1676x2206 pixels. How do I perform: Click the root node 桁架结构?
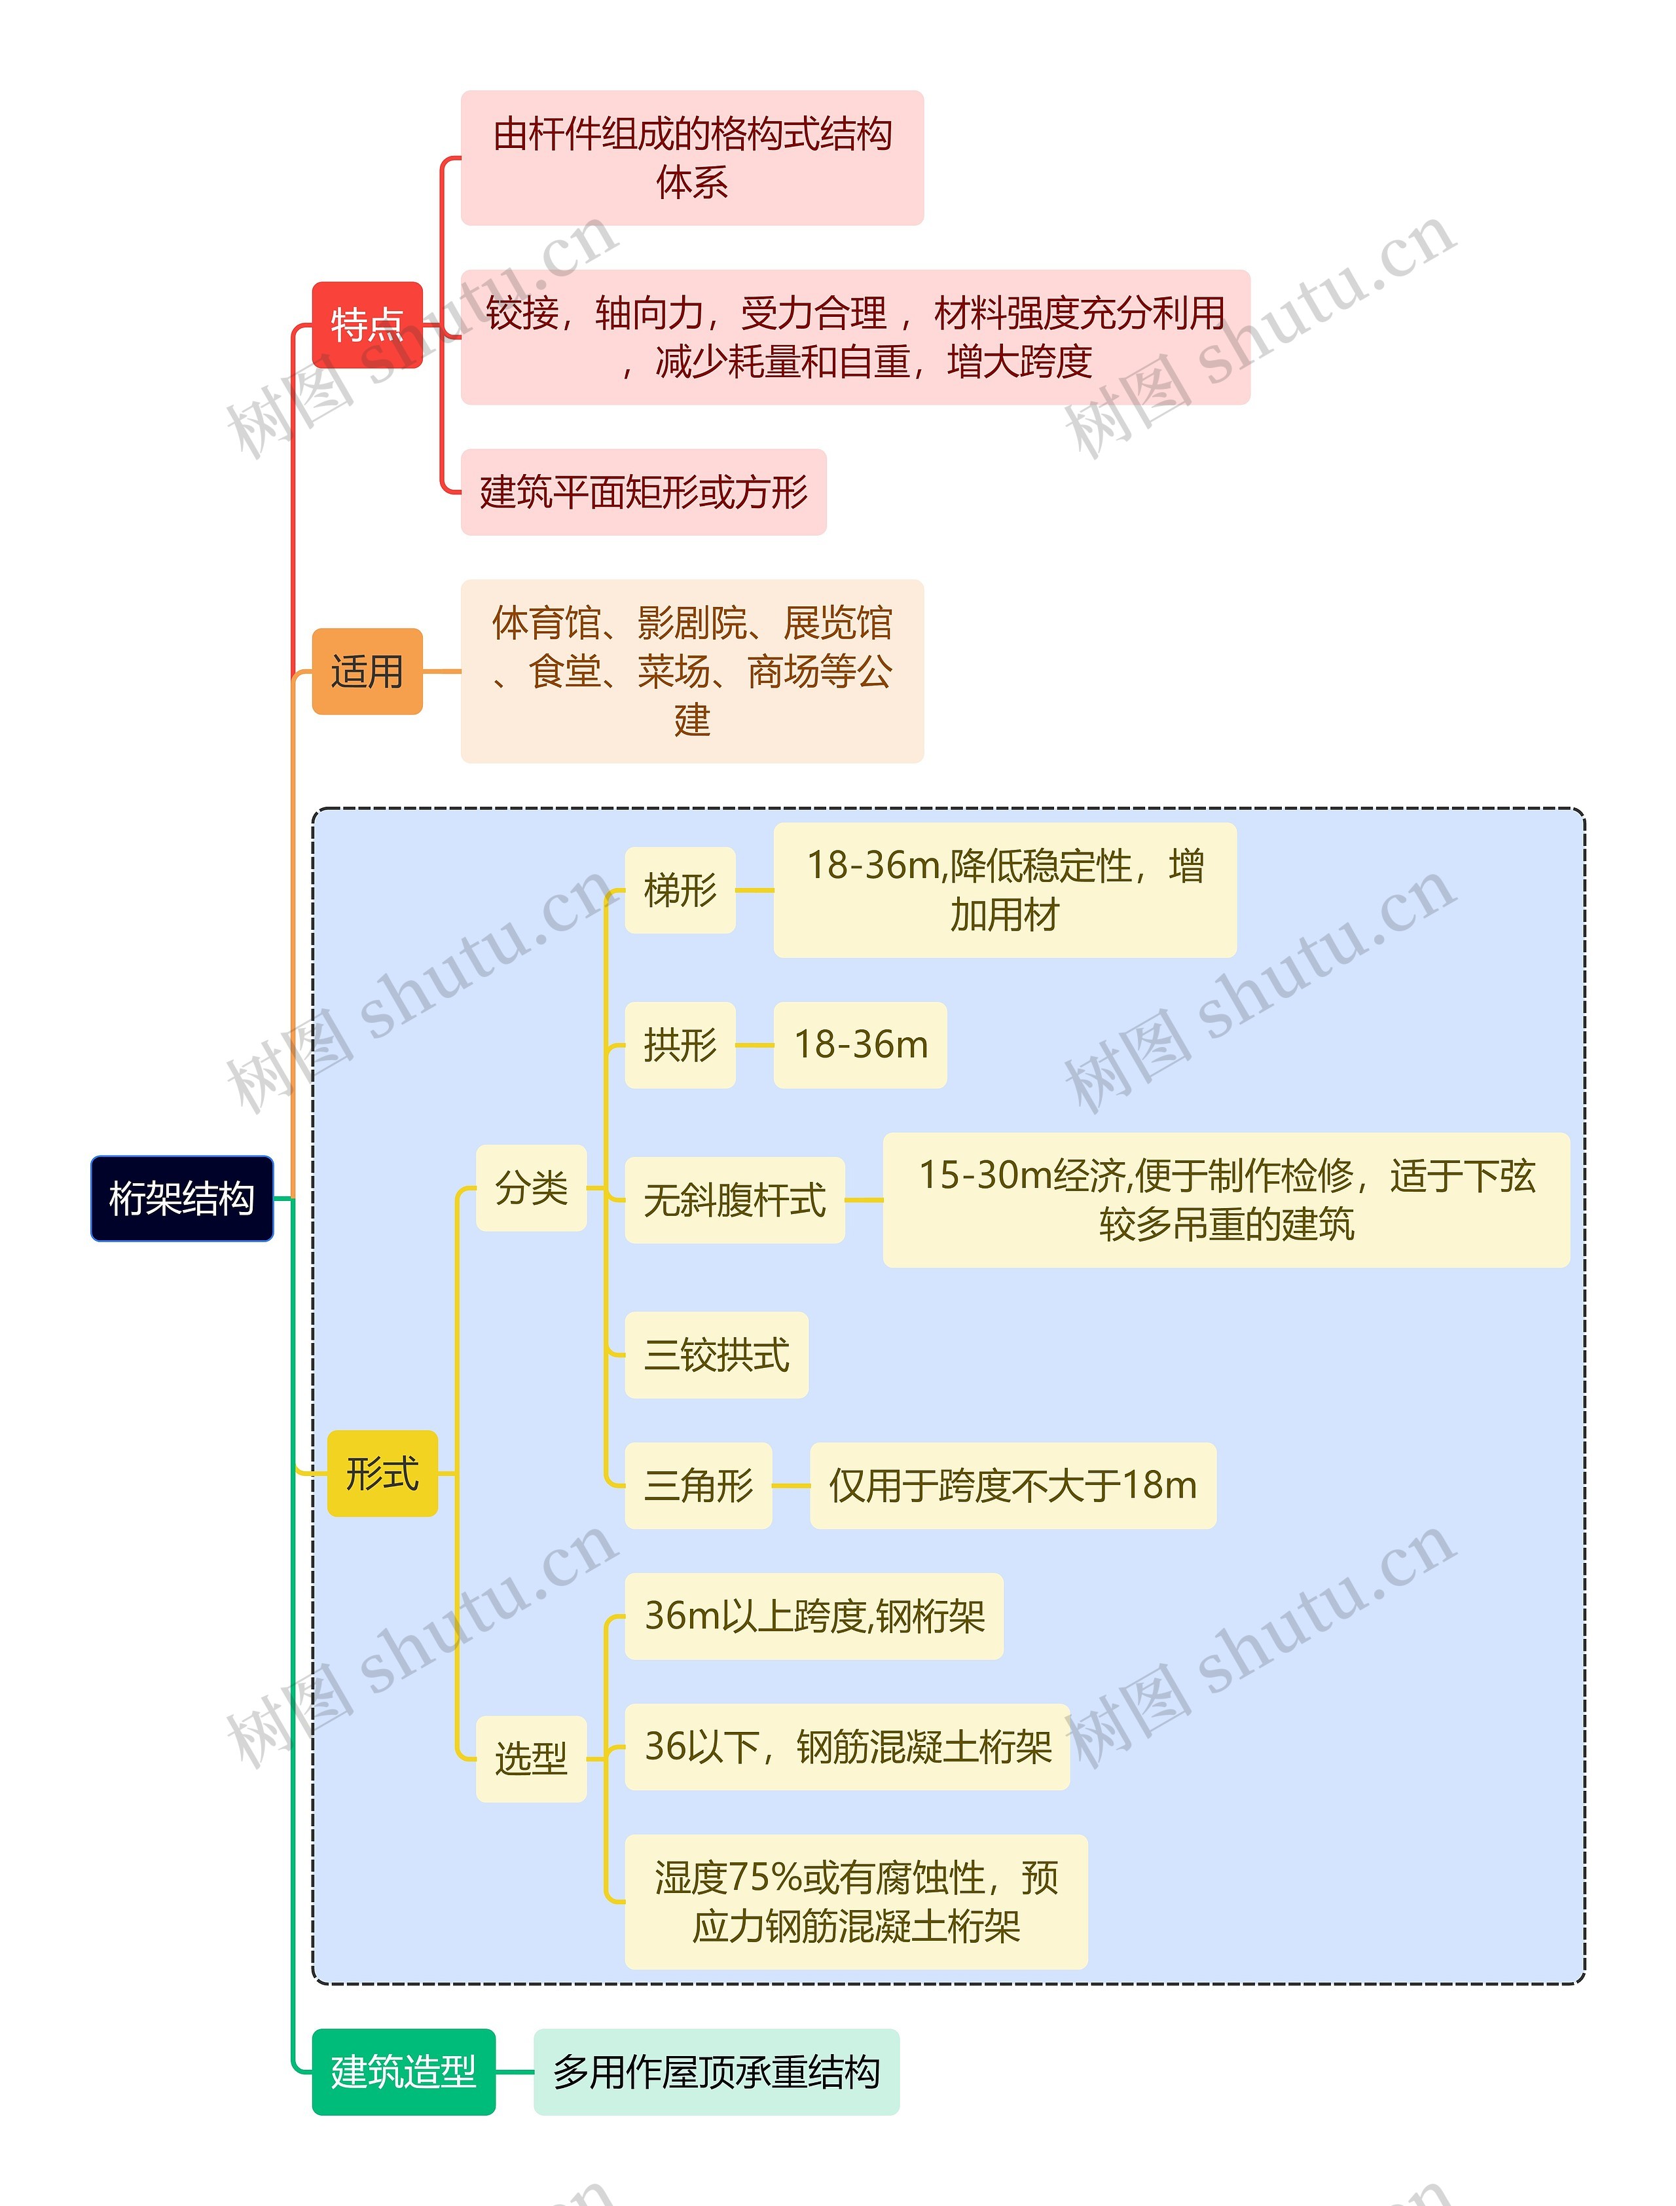181,1198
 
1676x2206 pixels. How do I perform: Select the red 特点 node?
367,325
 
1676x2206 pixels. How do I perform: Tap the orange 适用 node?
367,671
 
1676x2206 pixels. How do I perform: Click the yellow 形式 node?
382,1474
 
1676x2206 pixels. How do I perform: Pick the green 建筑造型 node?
403,2072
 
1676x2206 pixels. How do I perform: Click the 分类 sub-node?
531,1187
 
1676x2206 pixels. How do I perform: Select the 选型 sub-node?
531,1759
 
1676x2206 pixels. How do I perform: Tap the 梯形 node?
680,890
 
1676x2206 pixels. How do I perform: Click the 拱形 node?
680,1044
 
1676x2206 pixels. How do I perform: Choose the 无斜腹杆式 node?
735,1200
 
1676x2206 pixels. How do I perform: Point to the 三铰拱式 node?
716,1355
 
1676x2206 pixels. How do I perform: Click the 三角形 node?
699,1486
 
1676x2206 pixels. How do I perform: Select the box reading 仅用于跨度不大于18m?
1013,1486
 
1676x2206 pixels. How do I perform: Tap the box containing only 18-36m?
860,1044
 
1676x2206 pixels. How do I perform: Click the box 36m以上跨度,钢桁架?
814,1616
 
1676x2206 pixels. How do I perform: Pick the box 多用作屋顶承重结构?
716,2072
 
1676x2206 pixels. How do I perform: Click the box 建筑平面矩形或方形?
644,492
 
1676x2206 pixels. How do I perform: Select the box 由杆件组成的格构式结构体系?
693,158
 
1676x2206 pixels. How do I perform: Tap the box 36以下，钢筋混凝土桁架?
847,1747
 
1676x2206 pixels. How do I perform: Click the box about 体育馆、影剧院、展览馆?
693,671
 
